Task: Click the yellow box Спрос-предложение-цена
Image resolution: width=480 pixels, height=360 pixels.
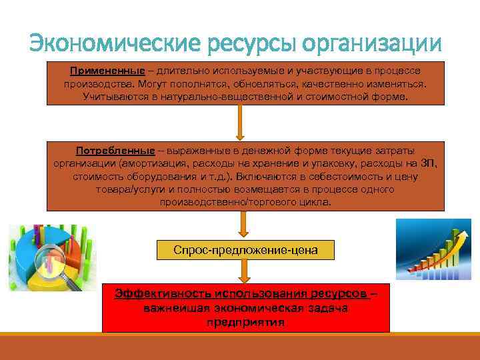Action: tap(245, 250)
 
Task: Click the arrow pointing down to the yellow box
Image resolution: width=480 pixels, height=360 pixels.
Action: tap(244, 225)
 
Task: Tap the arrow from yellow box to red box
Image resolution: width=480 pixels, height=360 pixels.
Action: tap(244, 270)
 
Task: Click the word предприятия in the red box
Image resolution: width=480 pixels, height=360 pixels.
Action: tap(245, 323)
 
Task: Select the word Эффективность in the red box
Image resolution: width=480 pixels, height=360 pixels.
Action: tap(154, 293)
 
